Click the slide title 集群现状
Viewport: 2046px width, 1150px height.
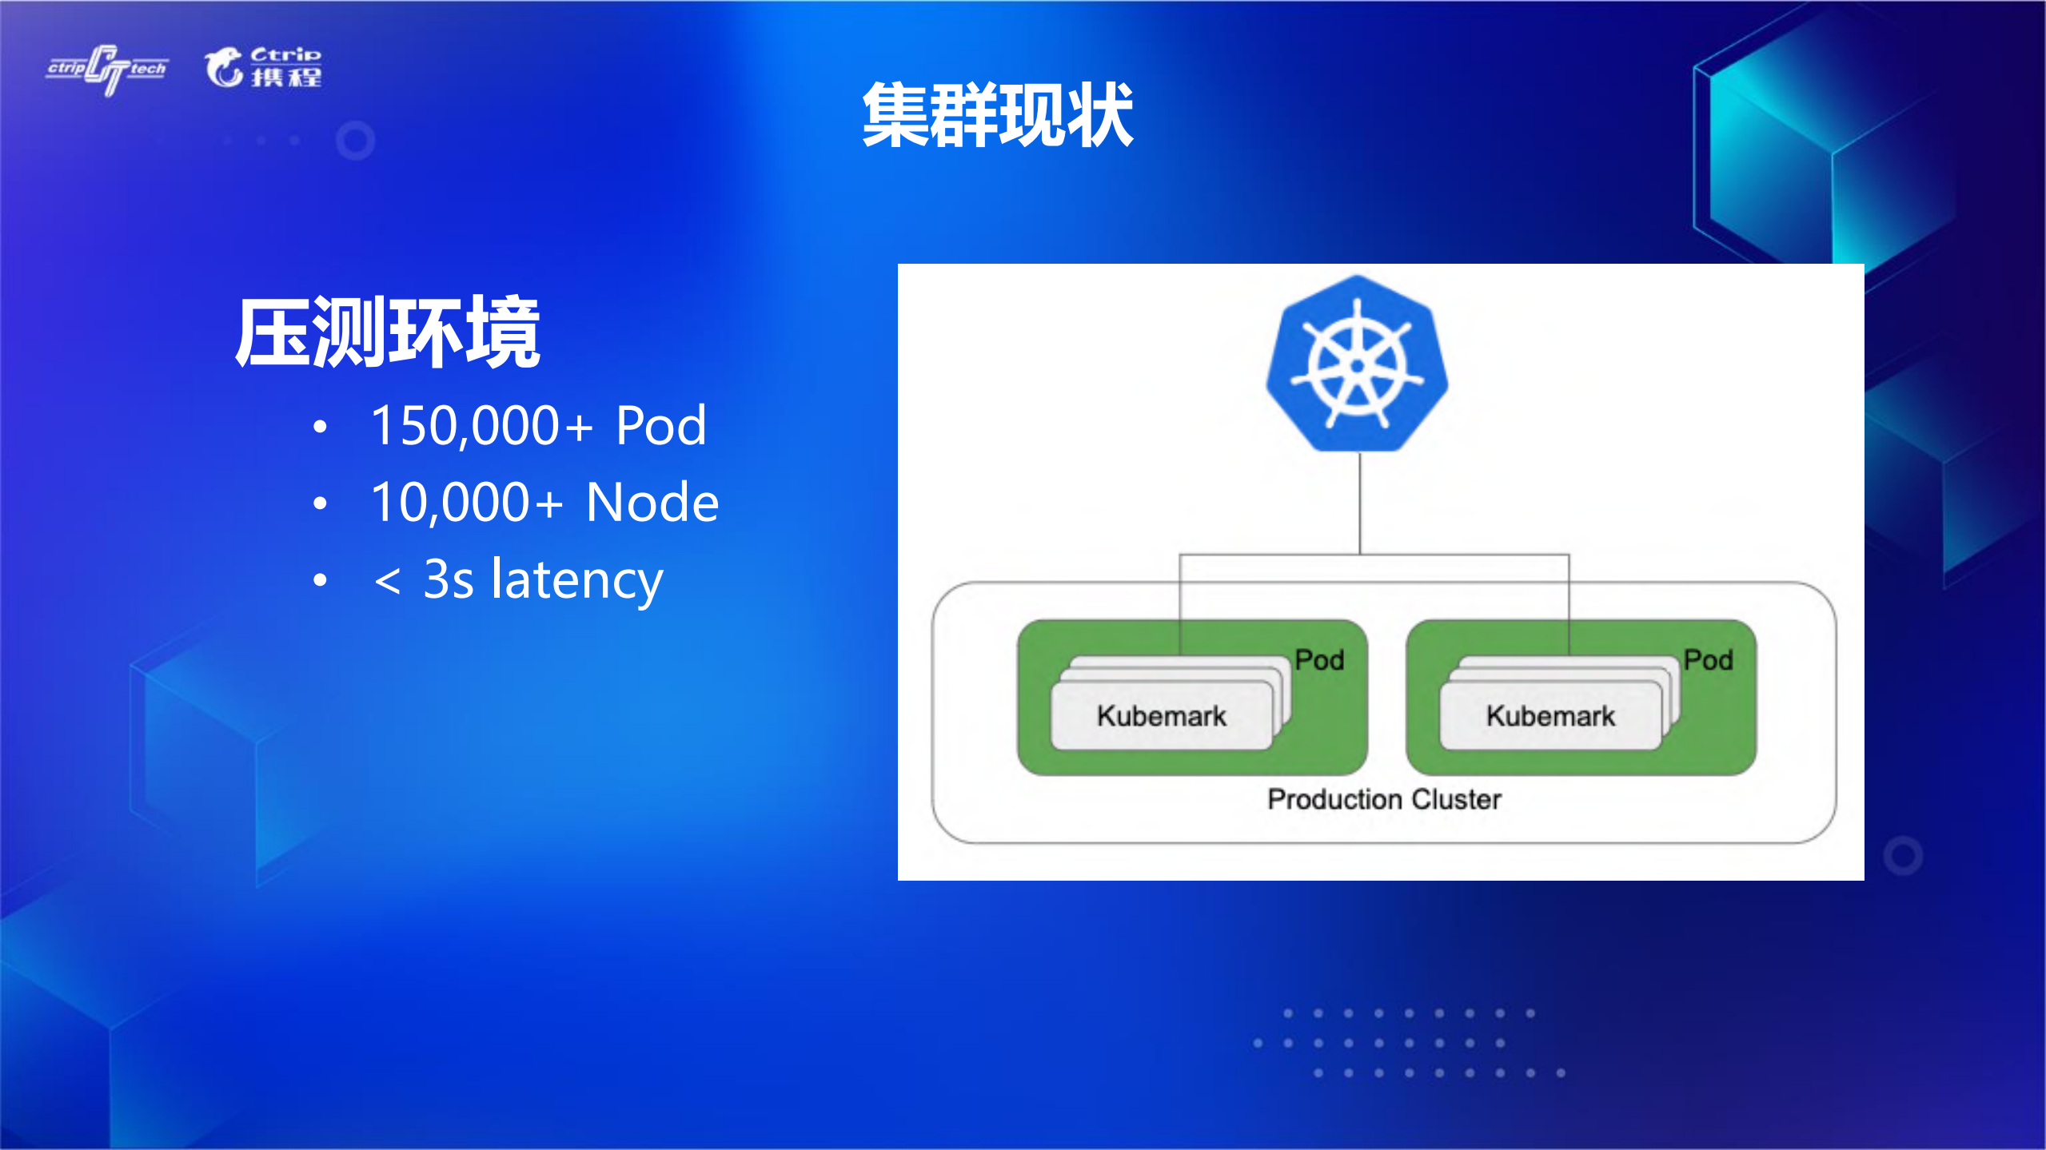(x=997, y=116)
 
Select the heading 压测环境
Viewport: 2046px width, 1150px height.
(x=388, y=332)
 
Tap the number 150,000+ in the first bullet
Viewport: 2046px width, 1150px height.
(x=481, y=425)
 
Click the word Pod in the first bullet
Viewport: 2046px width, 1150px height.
(x=660, y=425)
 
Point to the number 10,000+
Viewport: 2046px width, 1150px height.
(x=466, y=503)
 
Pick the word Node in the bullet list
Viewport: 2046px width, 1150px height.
(x=652, y=503)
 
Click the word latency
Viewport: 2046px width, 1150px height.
(x=576, y=580)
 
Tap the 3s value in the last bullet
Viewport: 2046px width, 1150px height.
(x=448, y=580)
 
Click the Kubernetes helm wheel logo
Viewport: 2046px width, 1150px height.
(x=1357, y=364)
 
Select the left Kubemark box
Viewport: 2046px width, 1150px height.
(x=1161, y=716)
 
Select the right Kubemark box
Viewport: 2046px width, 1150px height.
(x=1550, y=716)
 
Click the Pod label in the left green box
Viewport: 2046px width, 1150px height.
(x=1319, y=660)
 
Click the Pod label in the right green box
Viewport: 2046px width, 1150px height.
(x=1708, y=660)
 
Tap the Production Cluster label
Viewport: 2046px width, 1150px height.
(x=1384, y=799)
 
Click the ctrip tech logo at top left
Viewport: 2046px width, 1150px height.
(x=107, y=70)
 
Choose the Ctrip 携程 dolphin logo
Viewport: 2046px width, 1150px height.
(x=263, y=67)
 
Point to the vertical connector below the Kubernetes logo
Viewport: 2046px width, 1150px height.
(x=1360, y=503)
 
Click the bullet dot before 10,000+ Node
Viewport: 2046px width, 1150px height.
(x=321, y=503)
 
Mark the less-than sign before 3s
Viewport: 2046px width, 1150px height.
(x=388, y=581)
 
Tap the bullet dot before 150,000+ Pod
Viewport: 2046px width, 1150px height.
(x=321, y=427)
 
